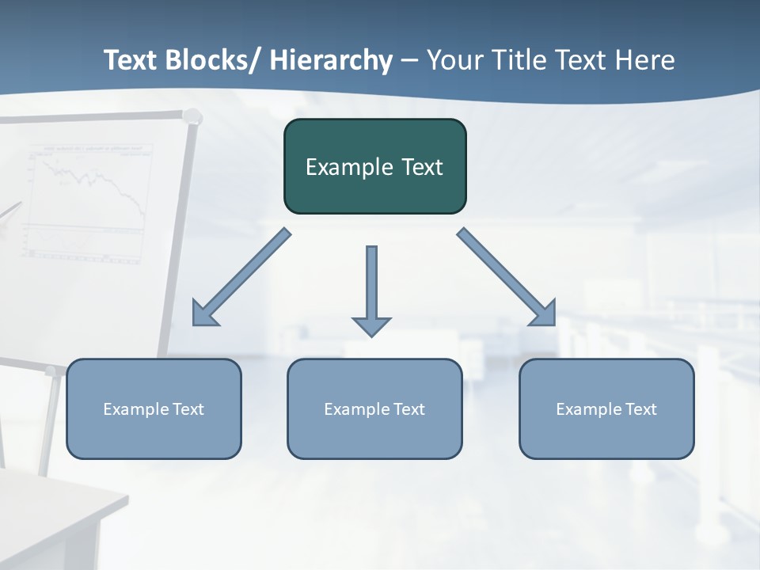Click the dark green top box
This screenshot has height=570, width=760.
374,166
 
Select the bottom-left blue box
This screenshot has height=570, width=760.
154,408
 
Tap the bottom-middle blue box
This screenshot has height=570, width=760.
374,408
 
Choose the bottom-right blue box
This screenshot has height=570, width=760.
606,408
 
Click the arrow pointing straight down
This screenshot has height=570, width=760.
371,290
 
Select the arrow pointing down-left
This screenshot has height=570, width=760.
241,277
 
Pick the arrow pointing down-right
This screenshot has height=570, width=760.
507,277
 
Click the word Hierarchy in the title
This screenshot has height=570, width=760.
331,60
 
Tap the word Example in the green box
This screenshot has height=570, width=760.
348,167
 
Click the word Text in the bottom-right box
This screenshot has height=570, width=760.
639,409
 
